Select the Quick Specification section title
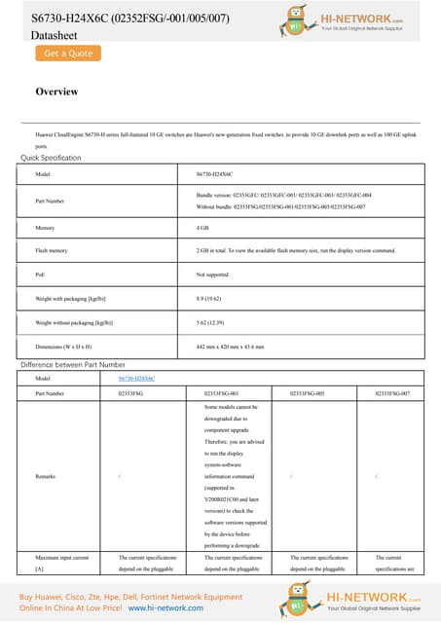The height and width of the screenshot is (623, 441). click(x=52, y=158)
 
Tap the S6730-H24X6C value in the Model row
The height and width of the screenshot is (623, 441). click(x=214, y=174)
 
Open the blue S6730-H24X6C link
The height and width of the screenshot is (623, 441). click(x=136, y=378)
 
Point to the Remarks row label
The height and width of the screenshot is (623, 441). click(x=47, y=476)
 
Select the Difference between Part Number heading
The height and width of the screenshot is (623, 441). click(x=73, y=364)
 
